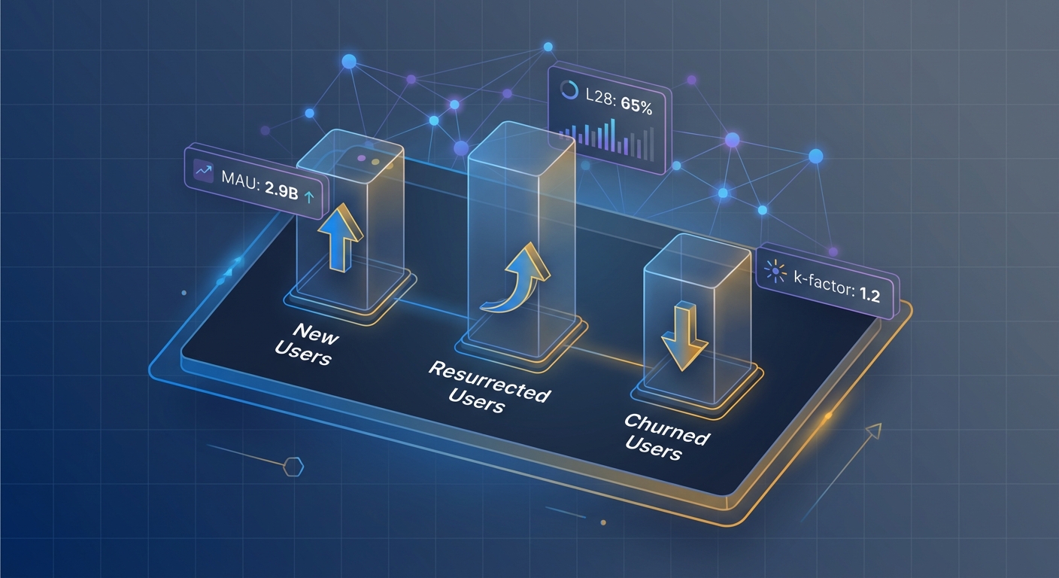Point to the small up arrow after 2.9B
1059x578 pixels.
point(308,196)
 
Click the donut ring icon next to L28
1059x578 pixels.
point(567,90)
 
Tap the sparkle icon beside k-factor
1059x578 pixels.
point(773,269)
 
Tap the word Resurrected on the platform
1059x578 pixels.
point(489,380)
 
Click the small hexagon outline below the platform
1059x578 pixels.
point(293,467)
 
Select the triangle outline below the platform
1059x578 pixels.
point(872,432)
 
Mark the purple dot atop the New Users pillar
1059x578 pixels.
point(360,159)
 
